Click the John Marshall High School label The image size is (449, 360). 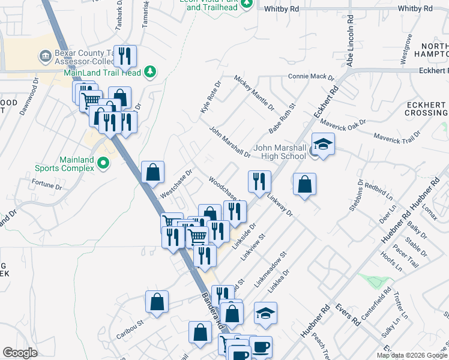coord(280,152)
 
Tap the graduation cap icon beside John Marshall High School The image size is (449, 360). coord(323,145)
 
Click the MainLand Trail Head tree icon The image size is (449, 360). coord(150,73)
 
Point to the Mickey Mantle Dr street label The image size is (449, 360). coord(254,92)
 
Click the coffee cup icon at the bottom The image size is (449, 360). coord(260,347)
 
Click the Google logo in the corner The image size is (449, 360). coord(20,353)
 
